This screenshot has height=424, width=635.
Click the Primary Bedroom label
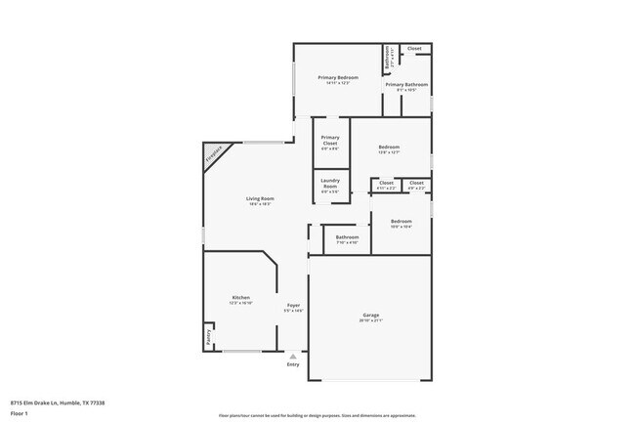pyautogui.click(x=338, y=77)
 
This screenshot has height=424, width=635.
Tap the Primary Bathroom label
pyautogui.click(x=406, y=85)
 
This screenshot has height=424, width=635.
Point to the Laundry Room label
pyautogui.click(x=330, y=182)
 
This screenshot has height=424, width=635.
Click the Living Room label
pyautogui.click(x=259, y=198)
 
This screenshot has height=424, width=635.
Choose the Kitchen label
pyautogui.click(x=240, y=297)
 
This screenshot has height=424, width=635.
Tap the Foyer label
pyautogui.click(x=293, y=305)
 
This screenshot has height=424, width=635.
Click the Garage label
pyautogui.click(x=371, y=314)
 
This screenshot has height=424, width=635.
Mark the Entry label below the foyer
pyautogui.click(x=293, y=365)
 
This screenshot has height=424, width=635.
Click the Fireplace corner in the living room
pyautogui.click(x=214, y=154)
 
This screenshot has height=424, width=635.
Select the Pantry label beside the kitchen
pyautogui.click(x=208, y=337)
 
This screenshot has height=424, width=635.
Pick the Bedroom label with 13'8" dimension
pyautogui.click(x=389, y=148)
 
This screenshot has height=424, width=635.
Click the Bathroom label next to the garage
pyautogui.click(x=347, y=236)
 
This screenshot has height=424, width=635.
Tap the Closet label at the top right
pyautogui.click(x=414, y=48)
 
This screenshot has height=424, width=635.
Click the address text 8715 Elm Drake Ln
pyautogui.click(x=58, y=403)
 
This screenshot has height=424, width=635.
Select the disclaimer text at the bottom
pyautogui.click(x=317, y=414)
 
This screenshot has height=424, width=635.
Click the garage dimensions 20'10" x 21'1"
pyautogui.click(x=371, y=319)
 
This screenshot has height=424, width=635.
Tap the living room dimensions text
pyautogui.click(x=259, y=204)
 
